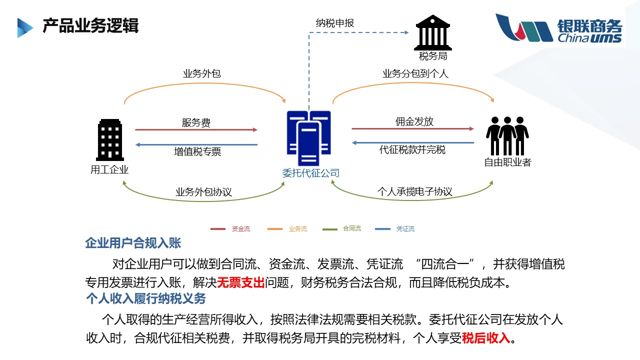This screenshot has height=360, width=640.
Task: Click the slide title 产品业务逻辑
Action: (x=90, y=26)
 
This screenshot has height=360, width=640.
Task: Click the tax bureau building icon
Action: (x=432, y=32)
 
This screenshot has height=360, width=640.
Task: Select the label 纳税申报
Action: (x=335, y=22)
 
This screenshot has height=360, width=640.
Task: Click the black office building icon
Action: (x=109, y=139)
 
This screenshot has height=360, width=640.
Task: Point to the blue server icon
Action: (x=308, y=138)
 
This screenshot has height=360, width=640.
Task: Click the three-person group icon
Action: (x=507, y=135)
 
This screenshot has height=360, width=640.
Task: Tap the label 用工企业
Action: (x=109, y=169)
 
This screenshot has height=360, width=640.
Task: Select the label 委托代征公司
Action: (x=310, y=173)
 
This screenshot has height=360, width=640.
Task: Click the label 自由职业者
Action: (x=507, y=162)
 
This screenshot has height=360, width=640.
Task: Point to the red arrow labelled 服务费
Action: (x=196, y=130)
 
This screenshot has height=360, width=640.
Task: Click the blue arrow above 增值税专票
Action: (x=196, y=145)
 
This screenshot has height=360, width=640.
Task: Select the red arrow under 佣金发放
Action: (x=412, y=129)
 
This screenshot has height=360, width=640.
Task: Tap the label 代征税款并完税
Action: (x=412, y=150)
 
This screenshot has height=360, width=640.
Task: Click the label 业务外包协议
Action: (x=203, y=192)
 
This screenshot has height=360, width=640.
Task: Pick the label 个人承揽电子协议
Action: (x=414, y=191)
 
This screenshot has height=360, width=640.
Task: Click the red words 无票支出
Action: (x=240, y=283)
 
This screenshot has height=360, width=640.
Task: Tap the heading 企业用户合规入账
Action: (x=133, y=243)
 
